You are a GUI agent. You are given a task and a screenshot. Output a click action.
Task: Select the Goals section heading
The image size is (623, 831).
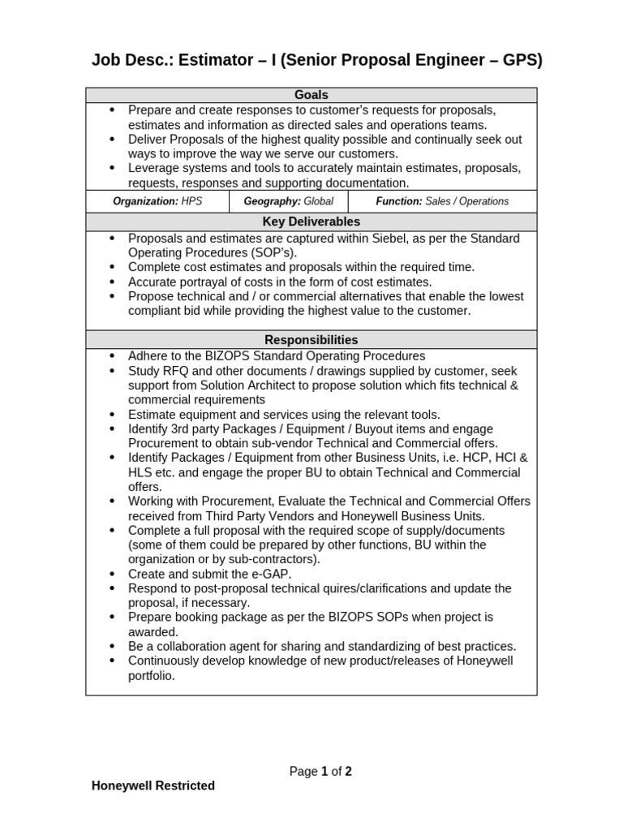[311, 95]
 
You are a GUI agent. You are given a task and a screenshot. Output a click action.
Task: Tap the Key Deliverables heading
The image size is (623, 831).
[311, 222]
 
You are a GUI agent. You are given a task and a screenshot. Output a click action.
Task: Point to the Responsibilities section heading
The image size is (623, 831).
[311, 340]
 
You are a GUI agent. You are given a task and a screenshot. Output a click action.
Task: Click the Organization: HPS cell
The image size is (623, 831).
[157, 201]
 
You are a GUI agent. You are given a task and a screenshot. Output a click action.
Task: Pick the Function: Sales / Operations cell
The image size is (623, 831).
[442, 201]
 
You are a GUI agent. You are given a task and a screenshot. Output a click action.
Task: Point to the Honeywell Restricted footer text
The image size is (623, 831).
[153, 786]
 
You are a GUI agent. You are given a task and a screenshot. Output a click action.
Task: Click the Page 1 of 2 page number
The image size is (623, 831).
[320, 772]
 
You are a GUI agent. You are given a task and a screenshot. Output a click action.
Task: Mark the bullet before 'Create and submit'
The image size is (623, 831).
[111, 574]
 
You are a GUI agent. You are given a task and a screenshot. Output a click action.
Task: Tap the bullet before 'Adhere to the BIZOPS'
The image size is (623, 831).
[111, 356]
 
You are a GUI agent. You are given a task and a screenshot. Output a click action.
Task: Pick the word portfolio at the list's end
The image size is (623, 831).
[152, 675]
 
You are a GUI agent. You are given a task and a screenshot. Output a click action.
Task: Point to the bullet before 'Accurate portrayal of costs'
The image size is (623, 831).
[111, 282]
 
